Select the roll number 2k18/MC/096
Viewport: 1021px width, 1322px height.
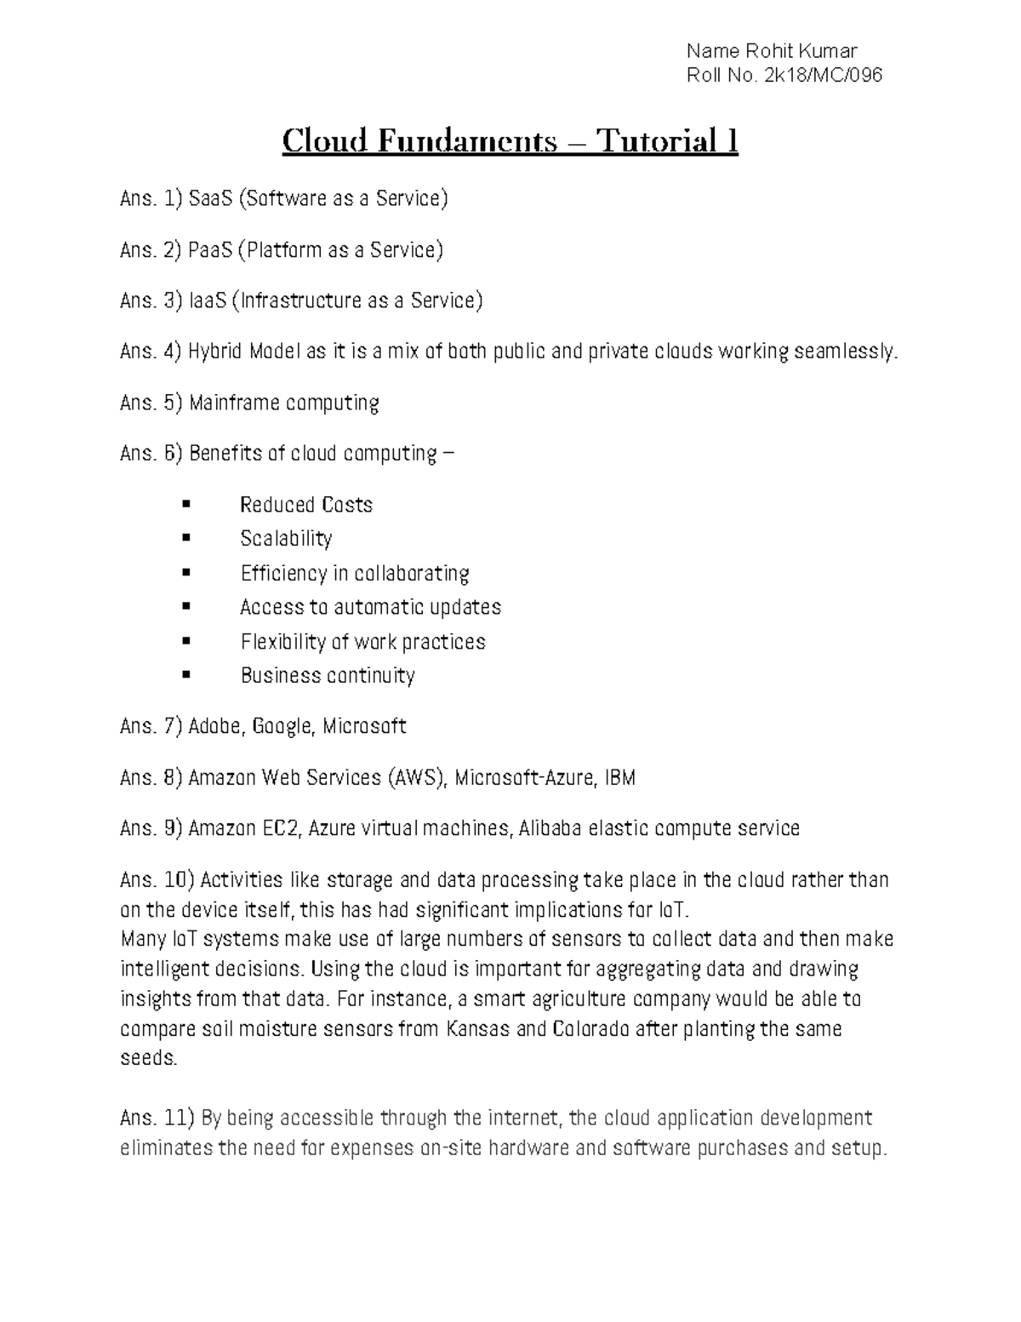(824, 76)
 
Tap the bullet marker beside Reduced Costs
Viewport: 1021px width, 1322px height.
(186, 505)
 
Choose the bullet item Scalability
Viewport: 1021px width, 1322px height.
(286, 539)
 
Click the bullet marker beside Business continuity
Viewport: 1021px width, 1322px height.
(186, 675)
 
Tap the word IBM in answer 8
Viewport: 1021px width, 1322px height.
(619, 777)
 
